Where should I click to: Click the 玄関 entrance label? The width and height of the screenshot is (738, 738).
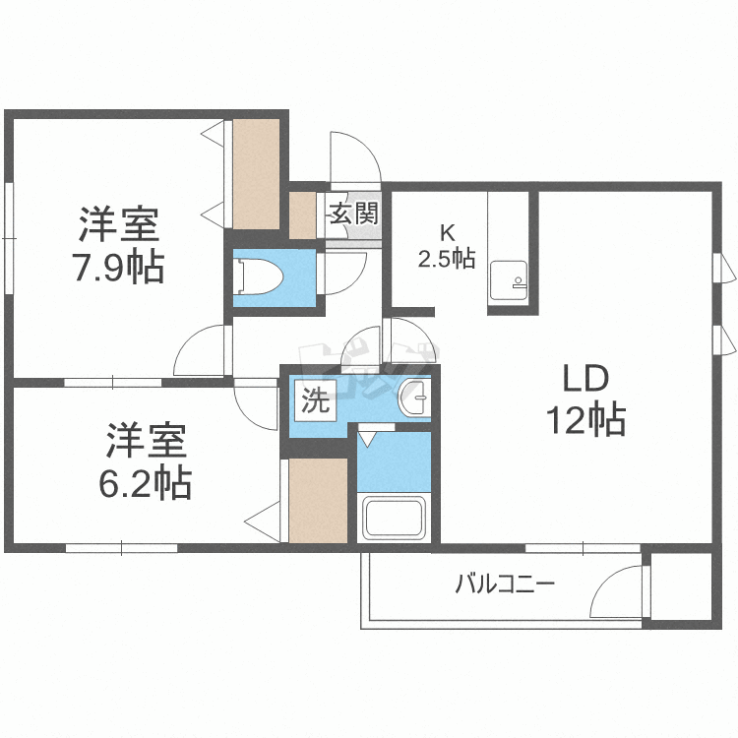point(353,214)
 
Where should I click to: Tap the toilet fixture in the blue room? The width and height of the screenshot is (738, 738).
point(259,278)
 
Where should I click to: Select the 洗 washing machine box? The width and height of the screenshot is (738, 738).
point(315,400)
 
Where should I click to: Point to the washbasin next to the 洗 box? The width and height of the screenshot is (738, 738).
point(414,399)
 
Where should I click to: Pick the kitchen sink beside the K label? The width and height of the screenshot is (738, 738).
point(509,281)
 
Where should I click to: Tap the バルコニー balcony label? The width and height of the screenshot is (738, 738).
point(505,585)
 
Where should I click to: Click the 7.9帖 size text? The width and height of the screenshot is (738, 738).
point(119,268)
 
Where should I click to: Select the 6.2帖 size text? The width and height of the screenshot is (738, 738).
point(145,482)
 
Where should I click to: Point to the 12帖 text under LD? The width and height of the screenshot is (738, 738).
point(585,419)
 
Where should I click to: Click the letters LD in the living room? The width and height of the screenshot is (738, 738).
point(586,379)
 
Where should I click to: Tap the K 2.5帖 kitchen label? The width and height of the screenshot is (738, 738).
point(447,246)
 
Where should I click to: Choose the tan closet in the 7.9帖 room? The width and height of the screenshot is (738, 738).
point(257,174)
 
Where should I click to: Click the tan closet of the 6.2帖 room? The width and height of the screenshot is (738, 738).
point(318,500)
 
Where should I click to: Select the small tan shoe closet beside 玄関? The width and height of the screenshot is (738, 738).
point(302,215)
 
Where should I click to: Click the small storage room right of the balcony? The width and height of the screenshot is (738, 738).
point(681,586)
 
